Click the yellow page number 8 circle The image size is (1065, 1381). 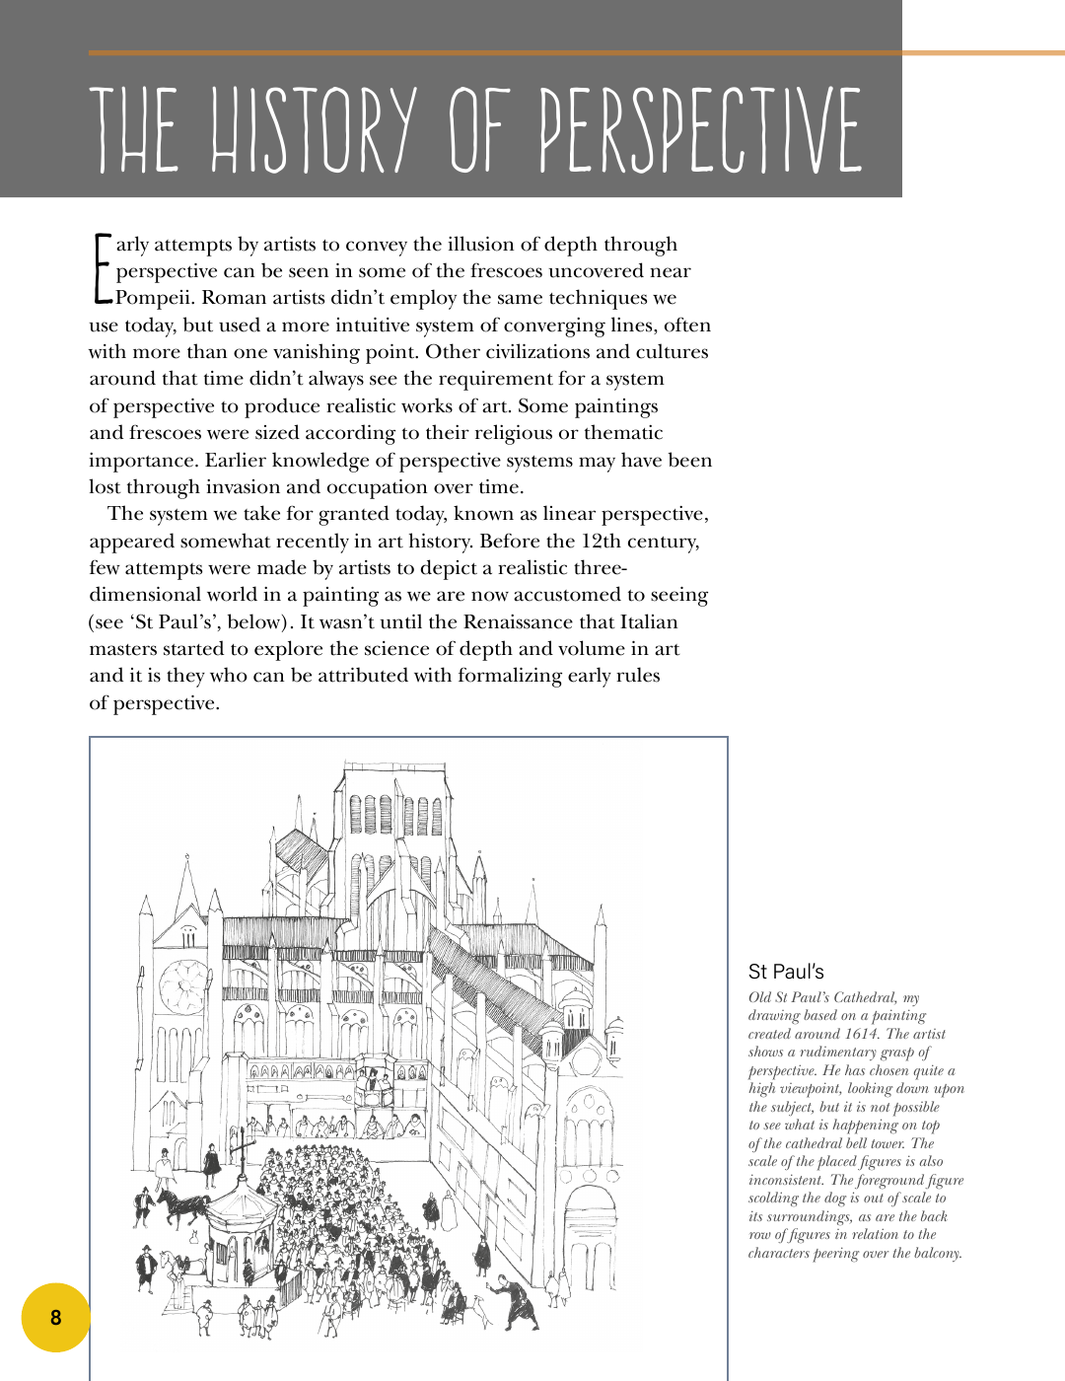[x=55, y=1317]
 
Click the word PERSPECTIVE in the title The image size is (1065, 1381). [x=700, y=130]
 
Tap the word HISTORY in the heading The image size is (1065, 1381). [x=315, y=130]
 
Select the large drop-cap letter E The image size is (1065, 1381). [x=102, y=268]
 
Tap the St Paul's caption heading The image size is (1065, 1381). [x=786, y=972]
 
